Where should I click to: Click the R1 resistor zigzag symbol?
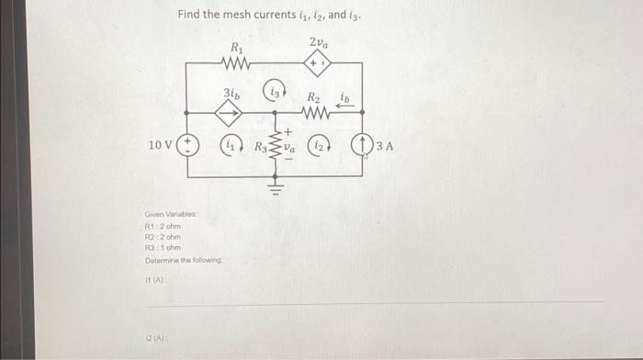point(236,63)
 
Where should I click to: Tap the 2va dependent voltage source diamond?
point(319,63)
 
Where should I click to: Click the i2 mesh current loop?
point(318,145)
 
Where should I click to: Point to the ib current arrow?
point(345,104)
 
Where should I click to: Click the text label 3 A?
point(384,145)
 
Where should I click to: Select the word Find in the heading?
point(189,15)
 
